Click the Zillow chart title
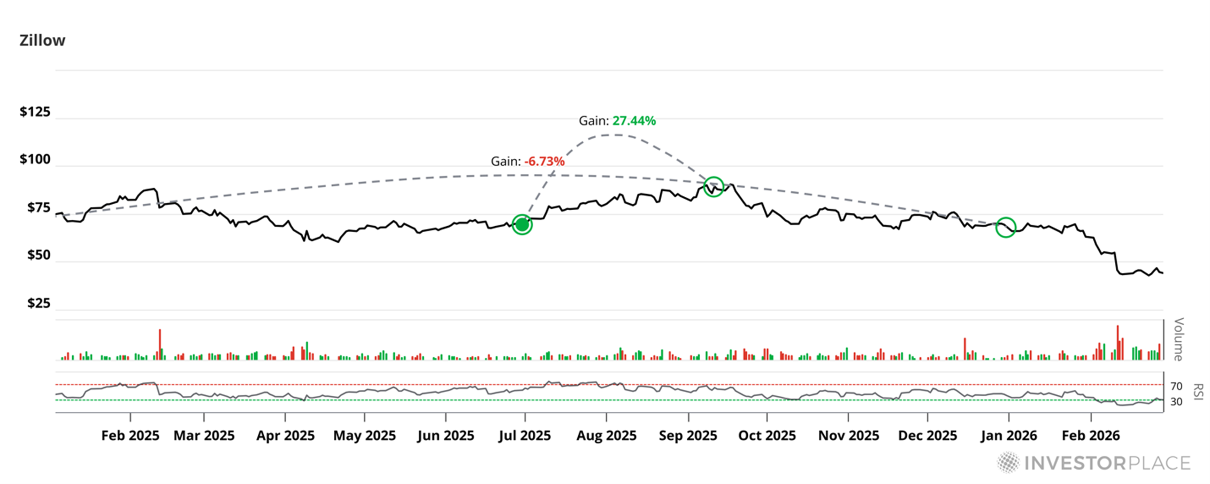click(x=42, y=41)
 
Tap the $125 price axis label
click(x=35, y=112)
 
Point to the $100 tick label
click(x=35, y=159)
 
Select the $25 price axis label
click(x=39, y=303)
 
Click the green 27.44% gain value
click(x=634, y=121)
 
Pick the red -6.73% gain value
click(x=544, y=161)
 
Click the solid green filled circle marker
click(x=522, y=225)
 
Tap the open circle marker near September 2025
click(x=714, y=186)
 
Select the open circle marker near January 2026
click(x=1006, y=227)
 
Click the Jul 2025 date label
click(x=524, y=436)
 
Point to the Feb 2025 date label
click(x=130, y=436)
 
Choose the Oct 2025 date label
click(x=767, y=436)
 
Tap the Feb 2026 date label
click(x=1090, y=436)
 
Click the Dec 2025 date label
click(x=927, y=436)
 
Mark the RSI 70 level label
click(x=1176, y=386)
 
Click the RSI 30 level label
click(x=1176, y=402)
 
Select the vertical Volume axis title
click(x=1178, y=339)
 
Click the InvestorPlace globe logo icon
click(x=1008, y=462)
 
